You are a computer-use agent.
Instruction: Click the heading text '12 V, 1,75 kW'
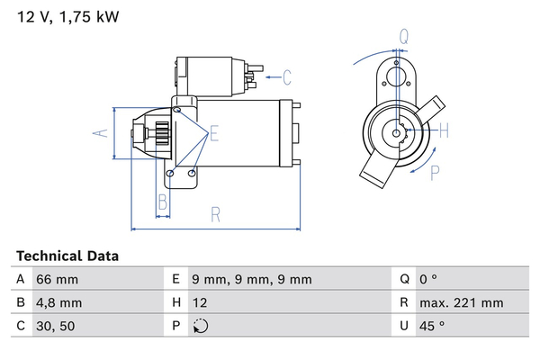coord(67,16)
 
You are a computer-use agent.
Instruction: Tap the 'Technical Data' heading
coord(67,256)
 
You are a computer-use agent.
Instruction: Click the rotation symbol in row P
coord(201,326)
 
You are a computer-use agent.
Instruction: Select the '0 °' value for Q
coord(436,280)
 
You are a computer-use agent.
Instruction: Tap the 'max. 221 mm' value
coord(463,303)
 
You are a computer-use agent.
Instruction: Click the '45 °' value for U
coord(438,326)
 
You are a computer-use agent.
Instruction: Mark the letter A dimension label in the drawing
coord(102,134)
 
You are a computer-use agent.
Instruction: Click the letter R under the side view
coord(216,214)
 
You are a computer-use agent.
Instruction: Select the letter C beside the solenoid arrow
coord(288,76)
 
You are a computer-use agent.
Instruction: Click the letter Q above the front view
coord(404,36)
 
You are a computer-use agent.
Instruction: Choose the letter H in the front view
coord(444,131)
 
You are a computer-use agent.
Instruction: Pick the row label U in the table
coord(405,326)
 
